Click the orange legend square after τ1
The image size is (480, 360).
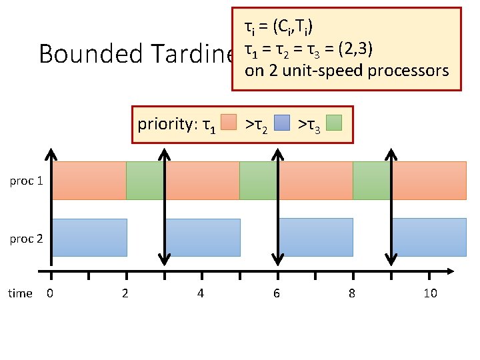[229, 123]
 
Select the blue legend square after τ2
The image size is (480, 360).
[282, 123]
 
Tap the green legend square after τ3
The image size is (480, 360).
[334, 123]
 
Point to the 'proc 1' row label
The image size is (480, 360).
[27, 180]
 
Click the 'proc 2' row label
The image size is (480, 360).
[27, 238]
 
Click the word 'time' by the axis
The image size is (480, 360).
[20, 293]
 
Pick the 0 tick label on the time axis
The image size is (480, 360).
[50, 293]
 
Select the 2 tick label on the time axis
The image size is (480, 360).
[125, 293]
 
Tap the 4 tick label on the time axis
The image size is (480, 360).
[201, 293]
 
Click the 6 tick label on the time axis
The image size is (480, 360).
[277, 293]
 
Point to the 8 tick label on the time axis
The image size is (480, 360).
[352, 293]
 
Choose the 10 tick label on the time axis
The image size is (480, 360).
[430, 293]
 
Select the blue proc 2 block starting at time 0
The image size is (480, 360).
[89, 237]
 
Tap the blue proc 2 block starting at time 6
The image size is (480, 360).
[315, 237]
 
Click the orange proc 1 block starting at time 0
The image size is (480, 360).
[89, 180]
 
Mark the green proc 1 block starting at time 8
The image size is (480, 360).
[371, 180]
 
